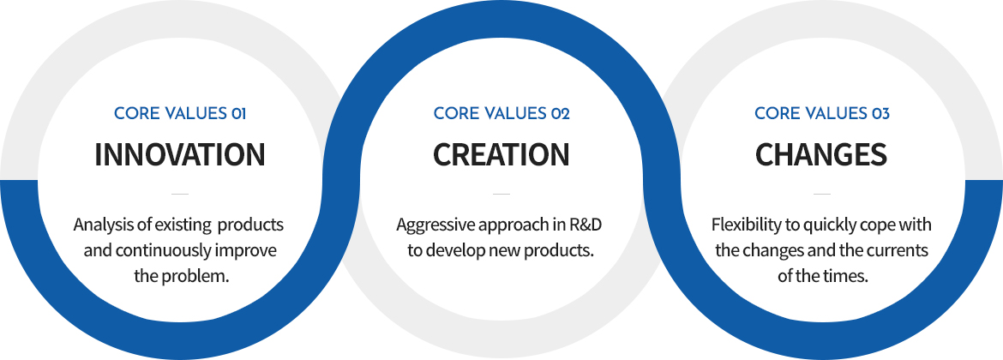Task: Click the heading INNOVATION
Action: tap(180, 155)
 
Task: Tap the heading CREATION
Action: tap(501, 155)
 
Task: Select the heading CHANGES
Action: tap(821, 155)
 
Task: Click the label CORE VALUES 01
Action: tap(180, 114)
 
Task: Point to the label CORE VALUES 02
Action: tap(501, 114)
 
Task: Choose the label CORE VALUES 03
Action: tap(822, 114)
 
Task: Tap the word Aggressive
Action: tap(425, 225)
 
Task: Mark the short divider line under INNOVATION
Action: tap(180, 193)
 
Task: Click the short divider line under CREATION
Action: tap(501, 193)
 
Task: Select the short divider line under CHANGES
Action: tap(822, 193)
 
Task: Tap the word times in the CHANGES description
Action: tap(848, 277)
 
